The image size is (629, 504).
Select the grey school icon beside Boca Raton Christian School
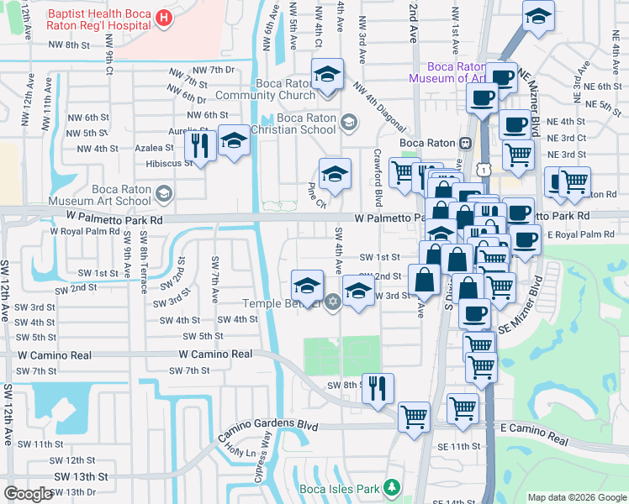click(349, 123)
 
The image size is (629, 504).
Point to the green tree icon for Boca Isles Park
click(389, 487)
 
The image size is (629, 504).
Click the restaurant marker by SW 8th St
click(378, 387)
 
